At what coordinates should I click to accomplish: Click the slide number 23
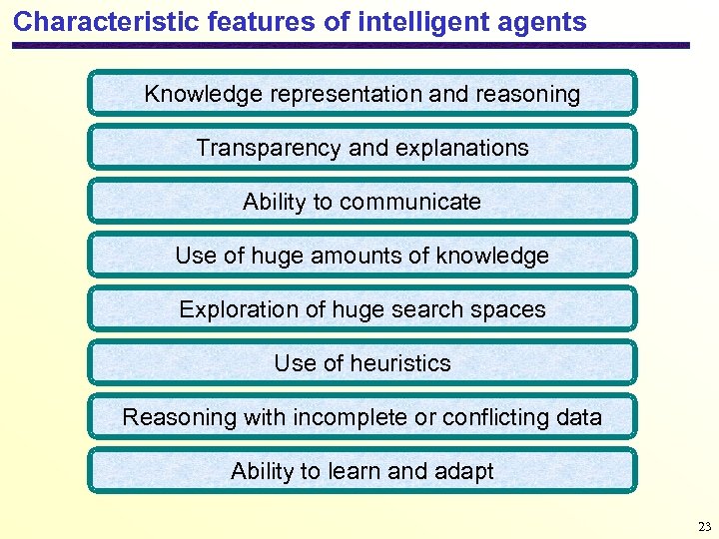[x=705, y=526]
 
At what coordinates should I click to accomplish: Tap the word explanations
[x=461, y=149]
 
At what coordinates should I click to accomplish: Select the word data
[x=578, y=417]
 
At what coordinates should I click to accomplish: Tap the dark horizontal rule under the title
[x=350, y=46]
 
